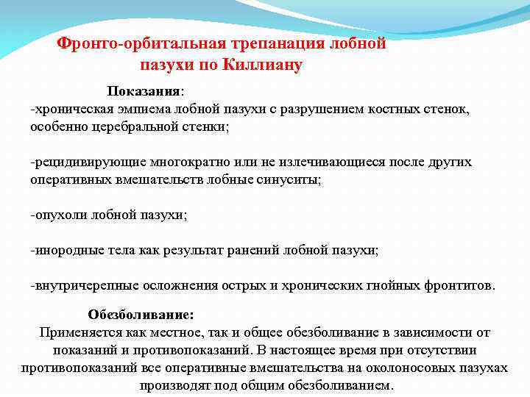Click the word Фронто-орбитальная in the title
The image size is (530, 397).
tap(126, 44)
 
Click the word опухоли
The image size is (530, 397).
tap(60, 215)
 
